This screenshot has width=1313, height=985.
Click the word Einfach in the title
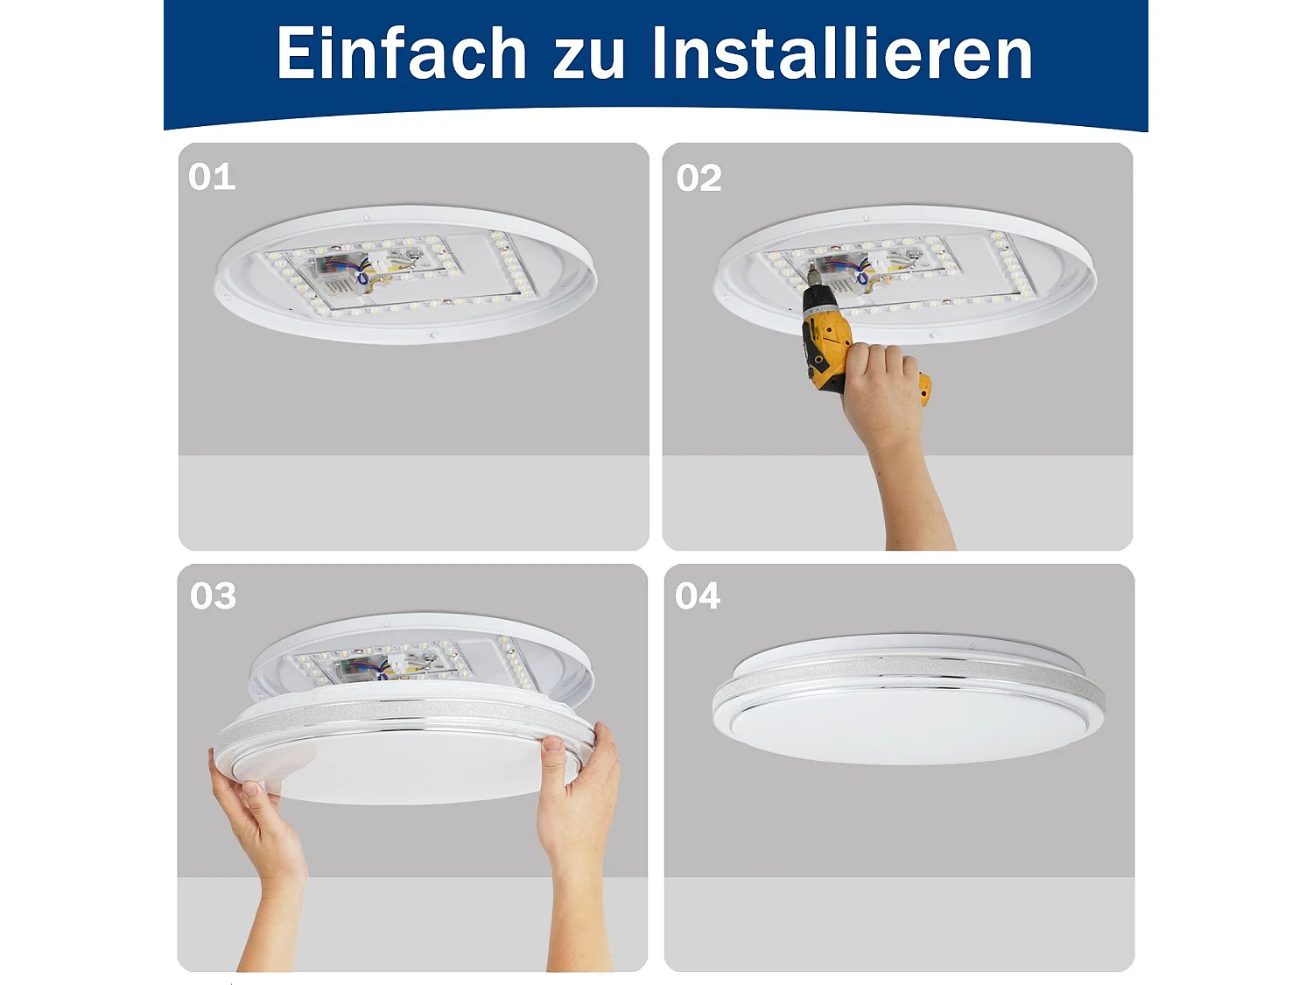coord(401,54)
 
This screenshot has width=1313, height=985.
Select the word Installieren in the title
coord(842,54)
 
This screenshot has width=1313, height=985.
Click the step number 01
coord(212,178)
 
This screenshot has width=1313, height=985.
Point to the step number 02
coord(699,179)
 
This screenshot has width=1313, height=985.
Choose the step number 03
coord(213,596)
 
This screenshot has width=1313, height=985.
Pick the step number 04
coord(698,596)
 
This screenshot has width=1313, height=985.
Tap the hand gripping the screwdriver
coord(880,385)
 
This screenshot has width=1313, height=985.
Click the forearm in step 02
coord(915,499)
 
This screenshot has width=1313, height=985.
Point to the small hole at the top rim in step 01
coord(367,217)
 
